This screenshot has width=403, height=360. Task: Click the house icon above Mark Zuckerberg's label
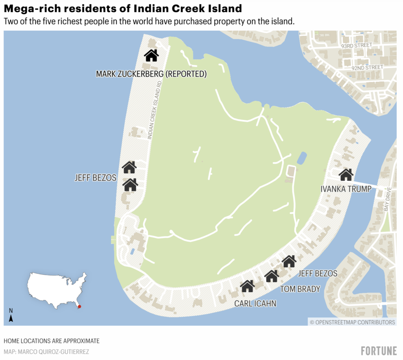pos(152,56)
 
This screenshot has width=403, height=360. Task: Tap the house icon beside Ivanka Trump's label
pos(346,174)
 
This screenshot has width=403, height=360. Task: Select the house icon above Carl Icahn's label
pos(247,286)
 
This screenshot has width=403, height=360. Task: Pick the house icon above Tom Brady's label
pos(272,276)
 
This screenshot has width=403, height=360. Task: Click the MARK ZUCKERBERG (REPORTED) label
pos(151,74)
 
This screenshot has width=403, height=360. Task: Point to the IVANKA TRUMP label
pos(346,189)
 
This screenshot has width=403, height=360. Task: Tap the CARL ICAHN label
pos(255,303)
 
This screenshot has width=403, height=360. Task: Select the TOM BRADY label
pos(300,289)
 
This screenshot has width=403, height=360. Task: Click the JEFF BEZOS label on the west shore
pos(95,178)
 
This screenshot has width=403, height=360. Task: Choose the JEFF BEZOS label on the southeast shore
pos(318,273)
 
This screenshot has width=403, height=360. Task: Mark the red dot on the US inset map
pos(79,306)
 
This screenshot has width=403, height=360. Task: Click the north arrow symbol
pos(11,316)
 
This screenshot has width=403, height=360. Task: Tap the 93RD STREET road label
pos(357,45)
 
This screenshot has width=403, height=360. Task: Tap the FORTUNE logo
pos(378,350)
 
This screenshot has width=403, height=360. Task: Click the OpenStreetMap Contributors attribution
pos(352,322)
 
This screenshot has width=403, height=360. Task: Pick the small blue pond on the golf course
pos(302,158)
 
